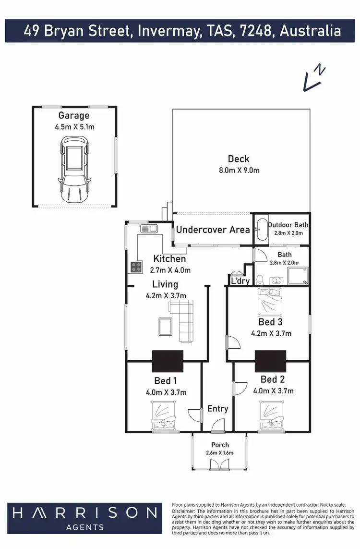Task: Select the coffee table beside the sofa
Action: [x=165, y=326]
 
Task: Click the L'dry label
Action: [x=240, y=281]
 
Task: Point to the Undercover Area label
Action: [x=213, y=230]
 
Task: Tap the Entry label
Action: [x=217, y=409]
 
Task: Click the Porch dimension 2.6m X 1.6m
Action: [x=220, y=452]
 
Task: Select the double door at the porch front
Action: [x=219, y=464]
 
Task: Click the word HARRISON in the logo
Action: [x=84, y=513]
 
